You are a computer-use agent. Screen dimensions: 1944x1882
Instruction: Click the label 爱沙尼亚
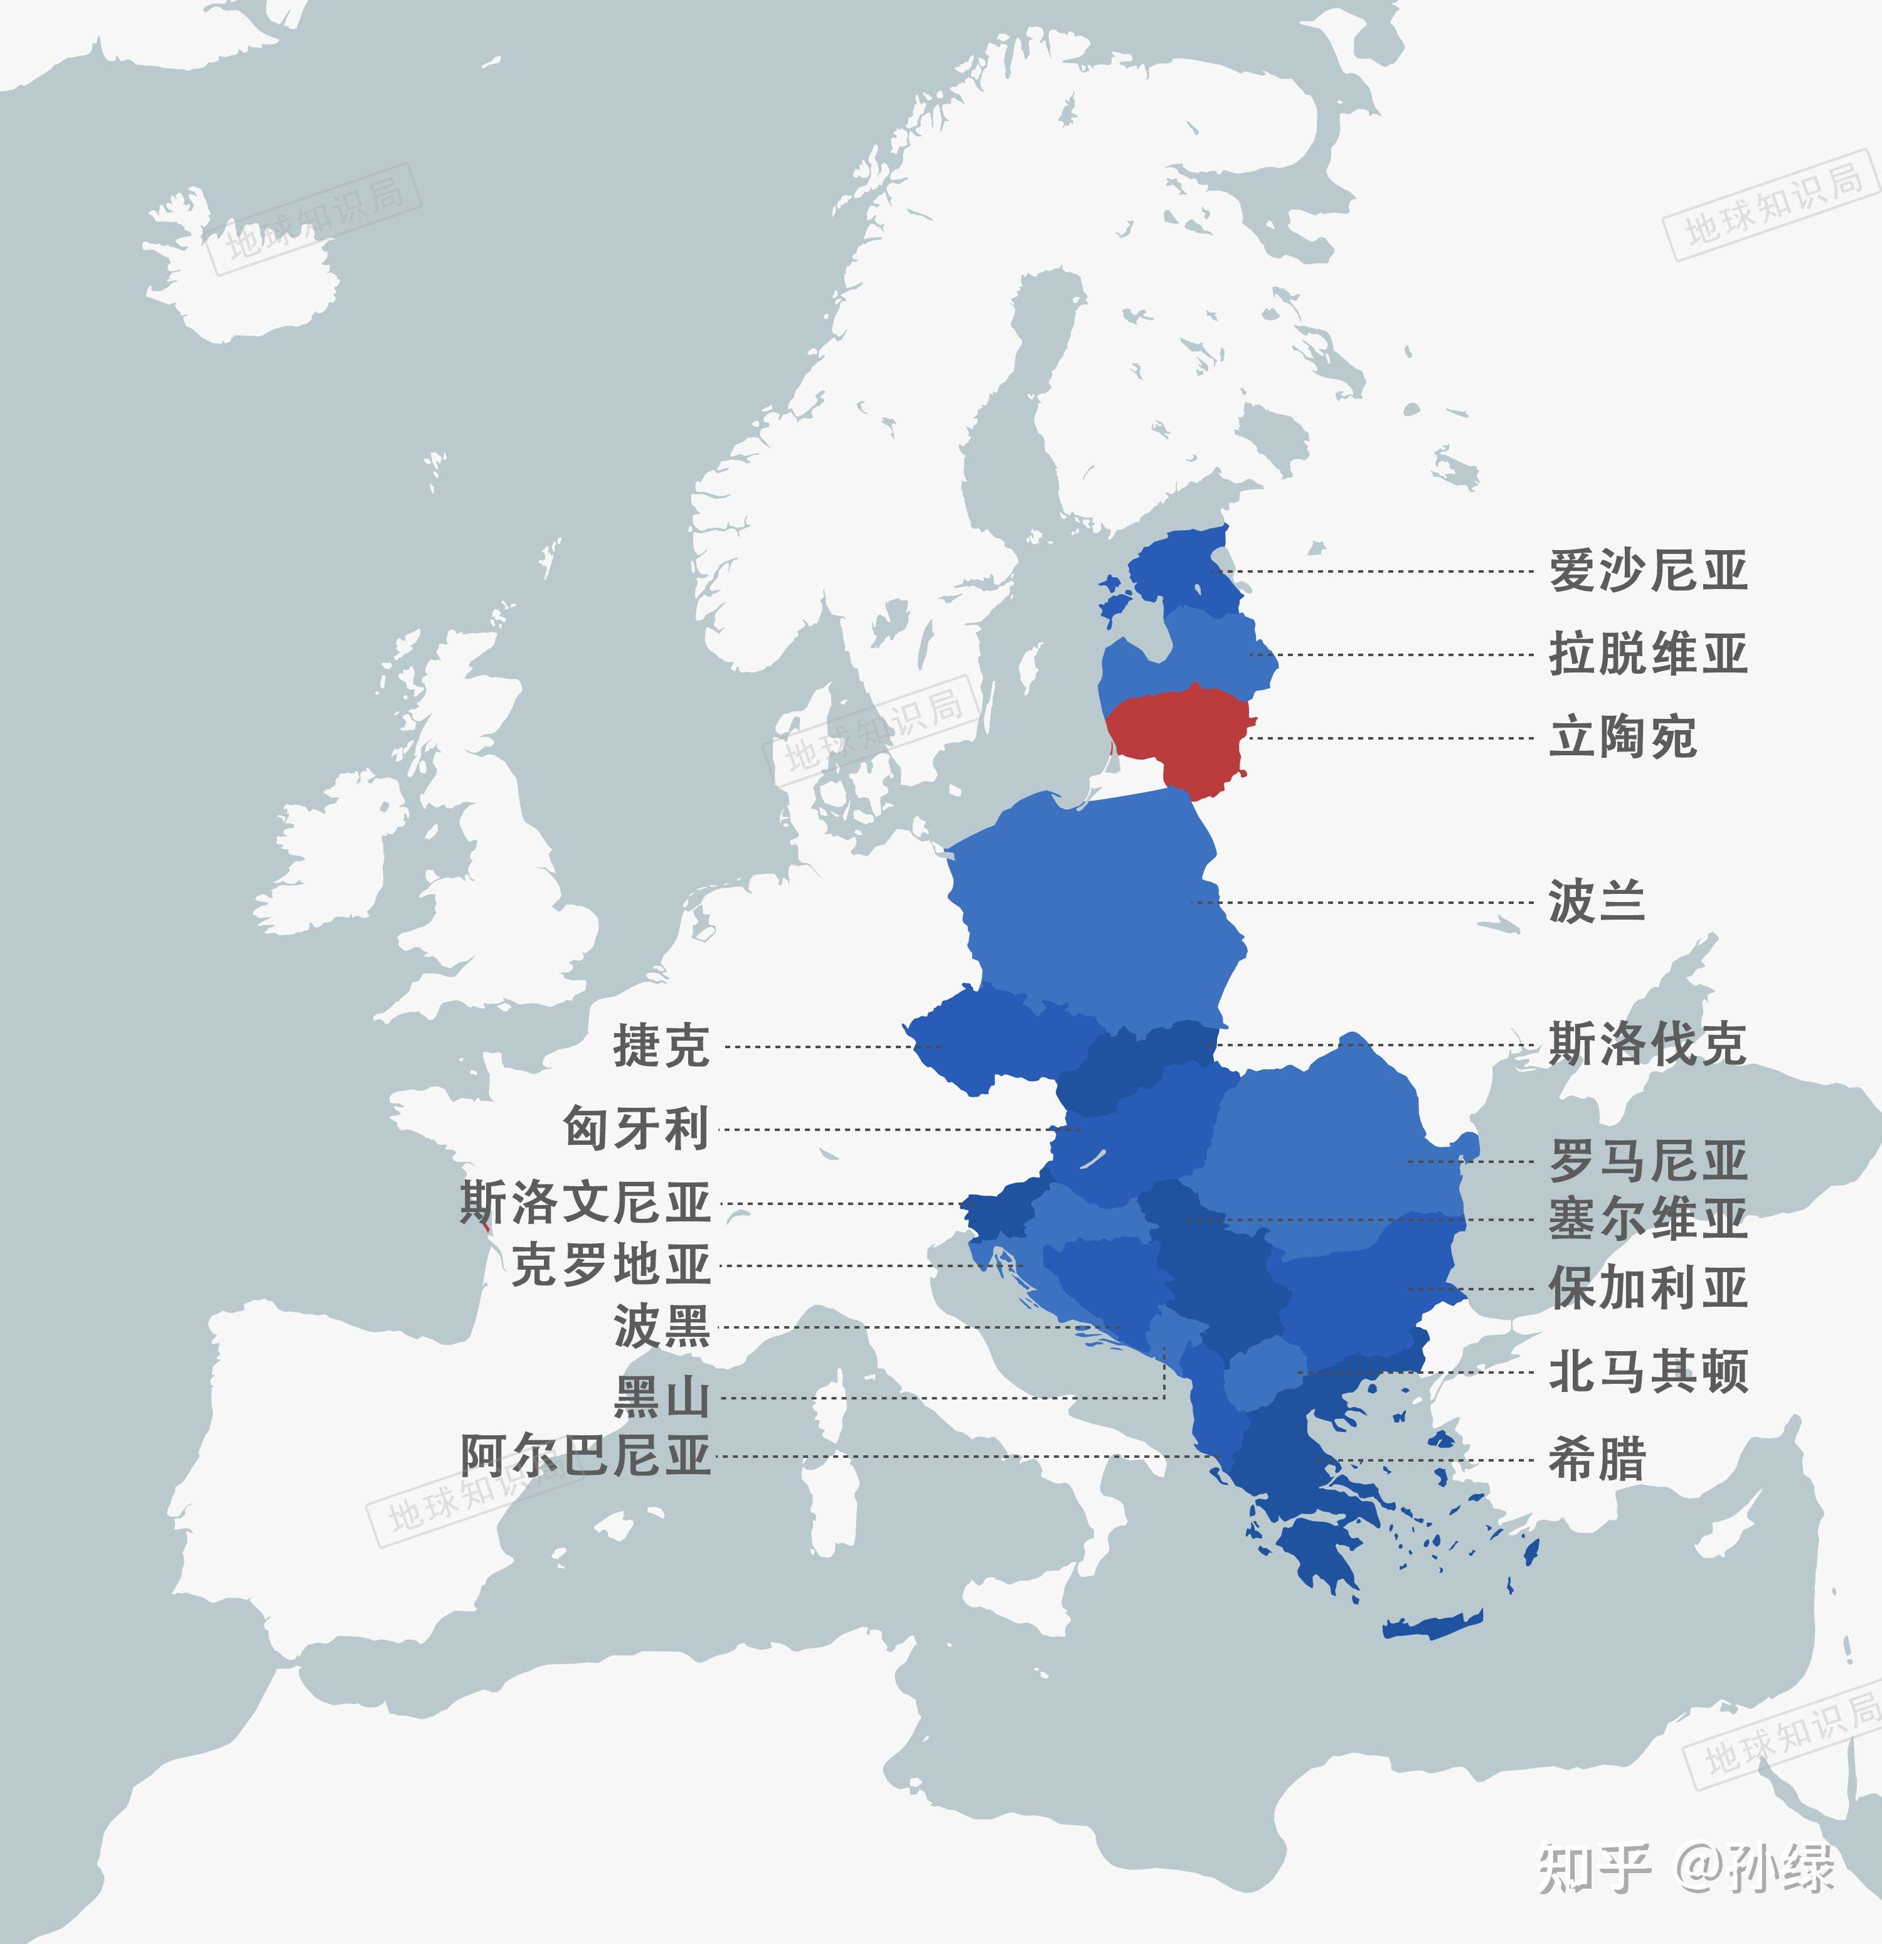pos(1647,572)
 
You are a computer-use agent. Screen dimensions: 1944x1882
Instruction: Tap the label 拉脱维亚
pos(1647,656)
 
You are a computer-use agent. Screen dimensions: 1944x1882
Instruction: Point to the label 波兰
pos(1597,903)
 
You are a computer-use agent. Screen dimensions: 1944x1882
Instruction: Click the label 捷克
pos(661,1046)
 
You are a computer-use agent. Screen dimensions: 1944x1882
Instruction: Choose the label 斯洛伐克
pos(1647,1044)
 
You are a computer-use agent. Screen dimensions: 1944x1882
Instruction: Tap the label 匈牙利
pos(636,1129)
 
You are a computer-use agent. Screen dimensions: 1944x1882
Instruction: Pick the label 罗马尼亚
pos(1647,1161)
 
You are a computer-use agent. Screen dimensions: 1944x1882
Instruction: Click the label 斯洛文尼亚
pos(585,1203)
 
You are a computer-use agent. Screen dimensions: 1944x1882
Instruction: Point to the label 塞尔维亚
pos(1647,1219)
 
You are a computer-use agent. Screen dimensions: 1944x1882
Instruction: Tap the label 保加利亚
pos(1647,1288)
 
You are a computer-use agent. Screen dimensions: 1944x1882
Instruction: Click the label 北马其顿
pos(1647,1372)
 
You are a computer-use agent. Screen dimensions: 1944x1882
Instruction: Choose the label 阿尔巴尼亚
pos(585,1456)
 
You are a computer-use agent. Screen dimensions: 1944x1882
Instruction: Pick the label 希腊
pos(1597,1460)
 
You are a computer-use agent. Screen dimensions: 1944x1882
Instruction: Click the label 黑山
pos(661,1398)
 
